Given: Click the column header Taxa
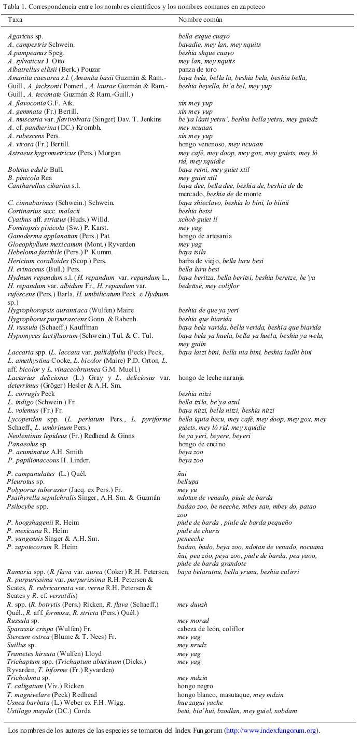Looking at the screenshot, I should click(15, 19).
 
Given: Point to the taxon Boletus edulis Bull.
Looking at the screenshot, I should click(32, 169).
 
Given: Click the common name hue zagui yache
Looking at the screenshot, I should click(201, 703).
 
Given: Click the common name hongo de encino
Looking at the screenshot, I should click(202, 444).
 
